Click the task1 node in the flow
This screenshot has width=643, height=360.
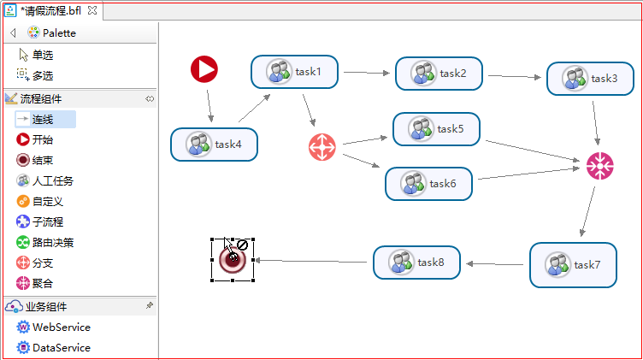[x=295, y=72]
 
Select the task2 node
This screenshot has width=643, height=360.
[x=439, y=74]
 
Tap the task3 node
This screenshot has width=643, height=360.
[x=590, y=79]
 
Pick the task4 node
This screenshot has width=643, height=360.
[x=214, y=145]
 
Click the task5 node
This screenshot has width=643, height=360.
[x=436, y=129]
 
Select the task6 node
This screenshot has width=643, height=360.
[x=428, y=184]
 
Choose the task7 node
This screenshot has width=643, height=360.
[x=573, y=264]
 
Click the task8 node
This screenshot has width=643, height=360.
[x=416, y=263]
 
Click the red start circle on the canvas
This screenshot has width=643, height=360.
[x=204, y=68]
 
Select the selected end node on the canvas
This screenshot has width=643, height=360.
[x=233, y=260]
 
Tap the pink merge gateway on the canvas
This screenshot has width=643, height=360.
[x=599, y=166]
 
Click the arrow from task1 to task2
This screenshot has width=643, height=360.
[x=366, y=73]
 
